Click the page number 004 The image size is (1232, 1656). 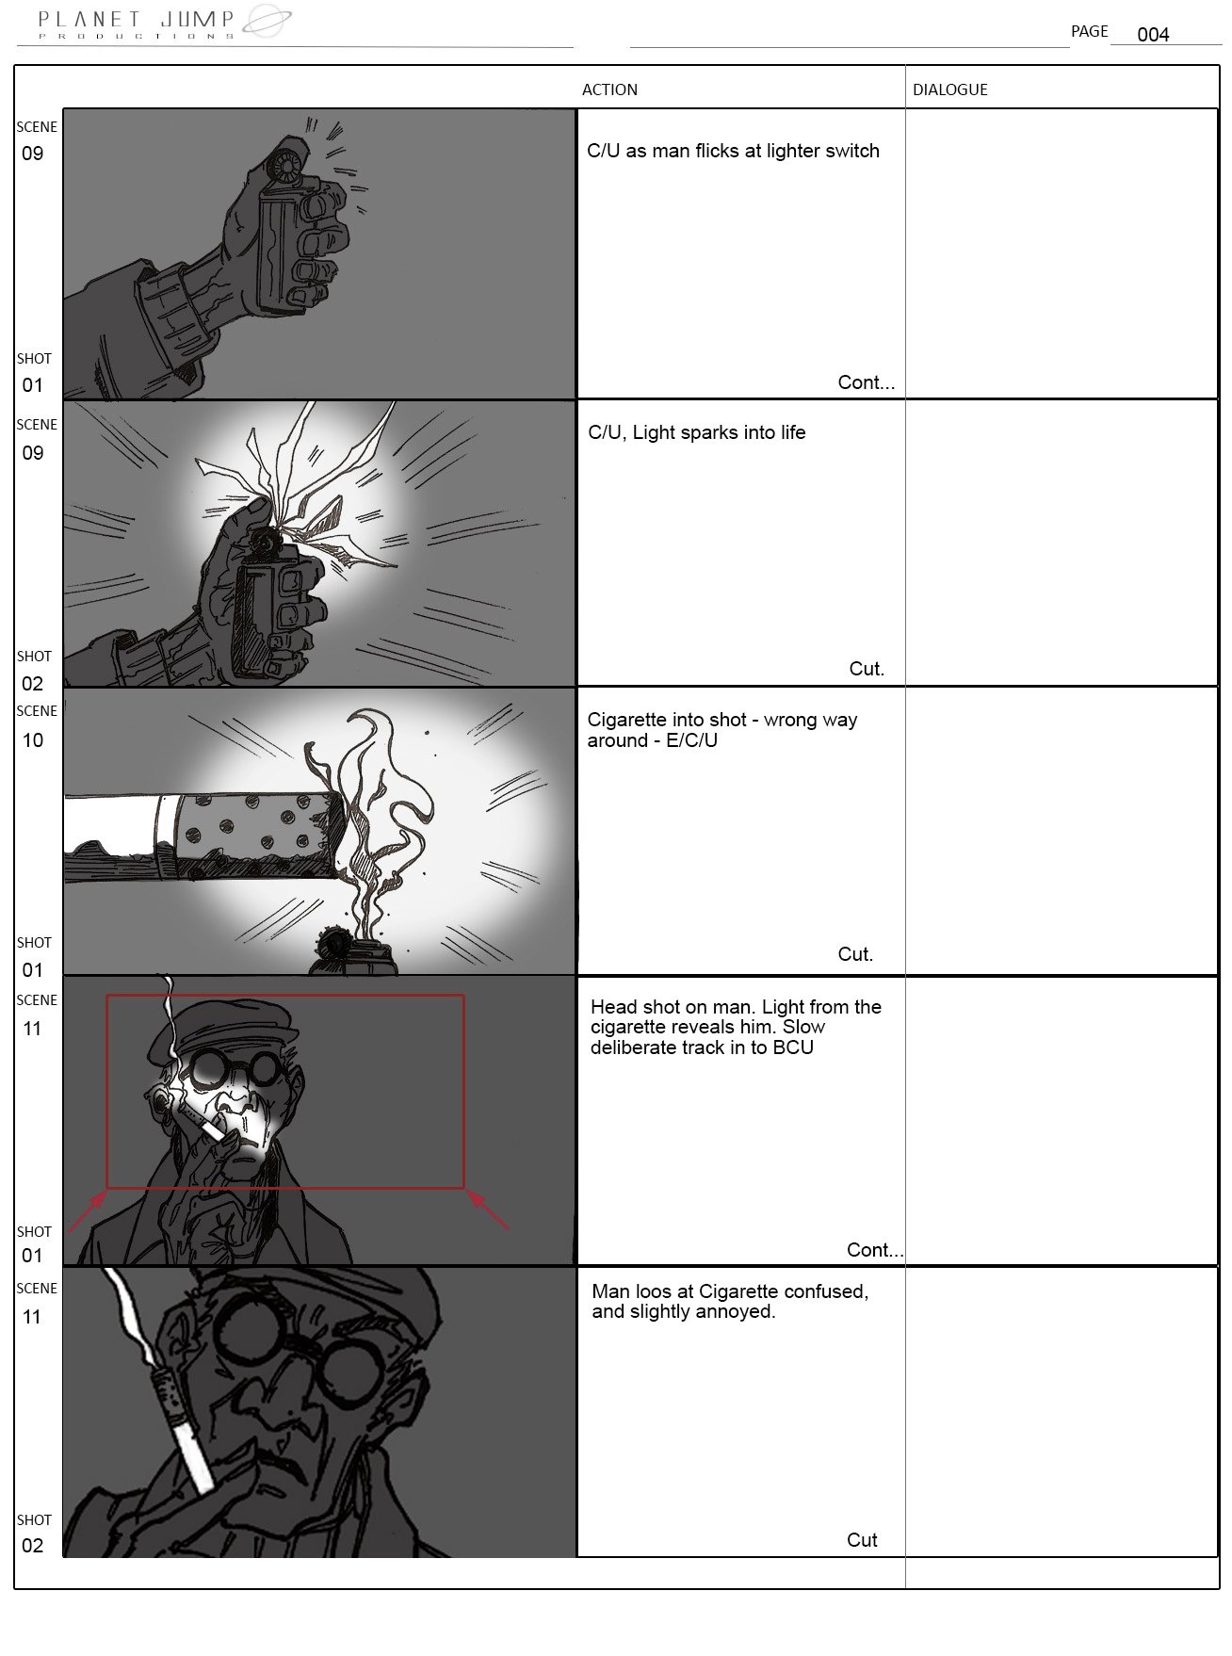(1153, 35)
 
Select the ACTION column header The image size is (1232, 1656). (609, 89)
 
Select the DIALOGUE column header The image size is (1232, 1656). (950, 89)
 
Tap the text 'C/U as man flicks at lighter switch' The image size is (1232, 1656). (733, 151)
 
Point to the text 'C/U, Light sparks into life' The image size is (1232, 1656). (697, 432)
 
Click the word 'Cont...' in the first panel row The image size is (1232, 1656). (866, 382)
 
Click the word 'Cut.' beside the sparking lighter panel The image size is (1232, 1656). (867, 669)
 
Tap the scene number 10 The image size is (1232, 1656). (33, 740)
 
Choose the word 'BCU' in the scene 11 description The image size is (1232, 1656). (793, 1047)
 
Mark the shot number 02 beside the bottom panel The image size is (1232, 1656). (33, 1546)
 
